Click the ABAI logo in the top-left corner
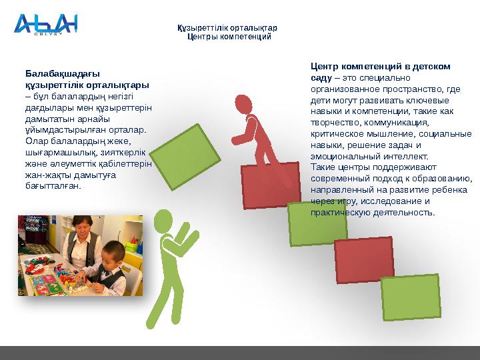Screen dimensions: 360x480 pyautogui.click(x=45, y=25)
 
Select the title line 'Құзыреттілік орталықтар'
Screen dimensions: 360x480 pyautogui.click(x=227, y=28)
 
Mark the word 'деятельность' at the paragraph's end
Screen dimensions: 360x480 pyautogui.click(x=405, y=213)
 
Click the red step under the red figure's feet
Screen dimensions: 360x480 pyautogui.click(x=269, y=185)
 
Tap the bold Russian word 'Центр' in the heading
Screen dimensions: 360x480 pyautogui.click(x=324, y=66)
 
